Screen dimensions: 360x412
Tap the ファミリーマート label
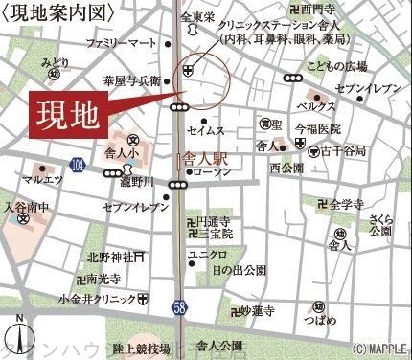point(120,44)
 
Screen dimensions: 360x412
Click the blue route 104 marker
point(78,167)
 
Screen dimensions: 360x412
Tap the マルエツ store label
point(41,177)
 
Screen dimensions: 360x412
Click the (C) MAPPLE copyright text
point(379,351)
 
